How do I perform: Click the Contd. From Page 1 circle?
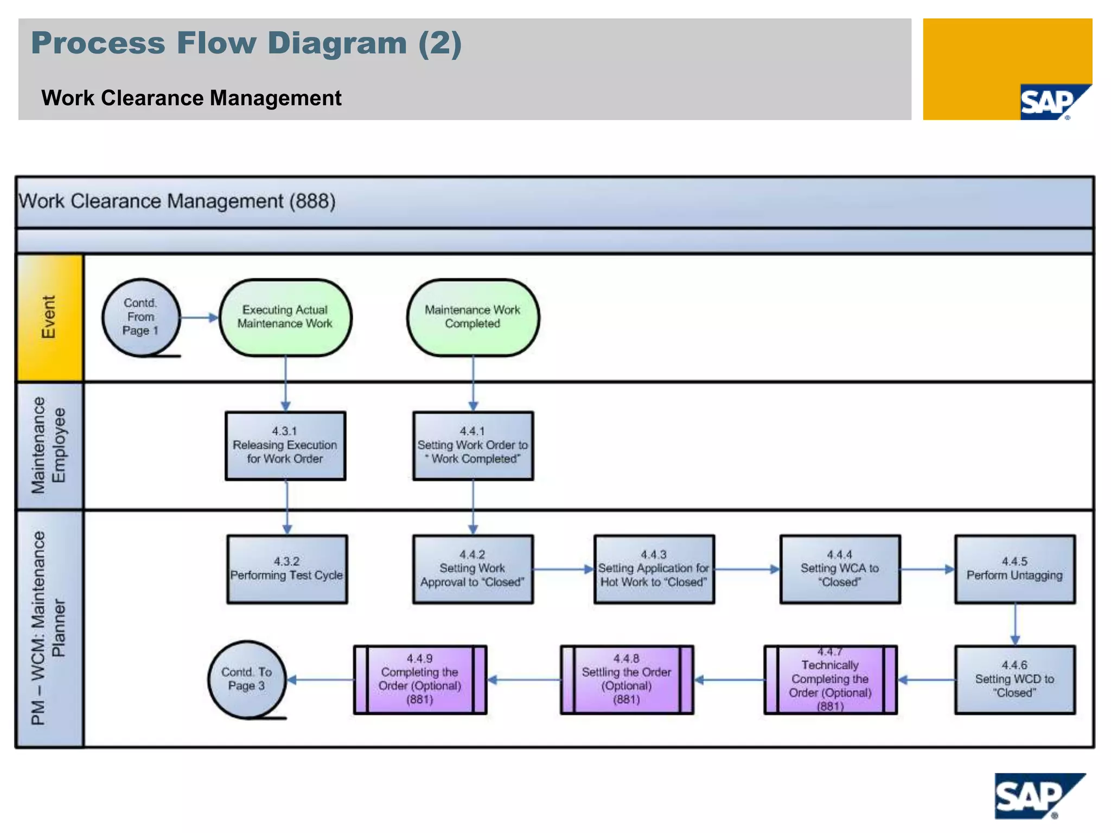pos(141,317)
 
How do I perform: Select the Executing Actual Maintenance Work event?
pos(285,317)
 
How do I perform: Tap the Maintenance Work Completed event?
pos(473,317)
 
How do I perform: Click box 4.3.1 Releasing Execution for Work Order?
pos(285,446)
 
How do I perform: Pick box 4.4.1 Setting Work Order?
pos(473,446)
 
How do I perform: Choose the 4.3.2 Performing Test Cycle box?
pos(287,569)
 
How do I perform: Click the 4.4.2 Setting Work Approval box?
pos(473,569)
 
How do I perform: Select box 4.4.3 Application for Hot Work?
pos(654,569)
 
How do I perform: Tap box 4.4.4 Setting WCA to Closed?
pos(840,569)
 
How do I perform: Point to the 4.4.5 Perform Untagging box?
pos(1014,569)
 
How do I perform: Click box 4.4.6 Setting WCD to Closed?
pos(1014,679)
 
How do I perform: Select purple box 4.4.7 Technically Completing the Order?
pos(830,679)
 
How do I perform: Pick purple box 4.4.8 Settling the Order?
pos(627,679)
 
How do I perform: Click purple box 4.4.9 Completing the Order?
pos(420,679)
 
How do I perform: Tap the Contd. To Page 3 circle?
pos(247,679)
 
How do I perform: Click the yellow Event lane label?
pos(50,317)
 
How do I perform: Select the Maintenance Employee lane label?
pos(50,446)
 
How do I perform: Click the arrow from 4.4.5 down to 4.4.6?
pos(1015,624)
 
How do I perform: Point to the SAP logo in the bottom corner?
pos(1038,796)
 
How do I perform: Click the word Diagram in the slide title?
pos(337,43)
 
